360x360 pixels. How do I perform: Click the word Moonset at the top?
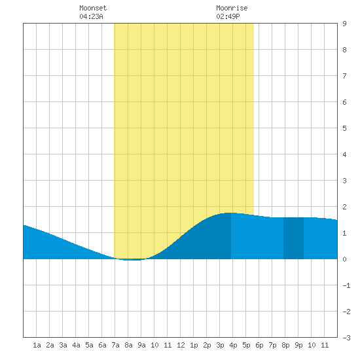[93, 8]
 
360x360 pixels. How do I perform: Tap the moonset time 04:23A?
[91, 16]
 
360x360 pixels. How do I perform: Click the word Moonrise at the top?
[232, 8]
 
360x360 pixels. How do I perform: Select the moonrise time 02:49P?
[228, 16]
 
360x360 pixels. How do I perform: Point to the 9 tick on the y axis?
[344, 24]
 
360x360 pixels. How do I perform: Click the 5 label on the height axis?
[344, 128]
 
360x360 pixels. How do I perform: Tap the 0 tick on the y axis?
[344, 259]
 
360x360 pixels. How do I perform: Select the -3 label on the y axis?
[346, 338]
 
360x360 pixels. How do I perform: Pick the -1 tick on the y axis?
[346, 285]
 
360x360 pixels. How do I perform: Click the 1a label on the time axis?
[37, 345]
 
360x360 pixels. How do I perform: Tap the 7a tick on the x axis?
[115, 345]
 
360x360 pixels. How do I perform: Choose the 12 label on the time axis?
[181, 345]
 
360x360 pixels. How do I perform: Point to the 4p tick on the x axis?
[233, 345]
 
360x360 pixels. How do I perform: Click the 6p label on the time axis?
[259, 345]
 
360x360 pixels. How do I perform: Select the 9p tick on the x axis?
[298, 345]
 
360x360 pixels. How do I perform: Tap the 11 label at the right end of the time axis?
[325, 345]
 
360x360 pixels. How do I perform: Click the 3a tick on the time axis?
[63, 345]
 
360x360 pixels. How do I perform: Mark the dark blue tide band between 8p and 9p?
[293, 238]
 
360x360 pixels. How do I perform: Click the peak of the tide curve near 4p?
[231, 213]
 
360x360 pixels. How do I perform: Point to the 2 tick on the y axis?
[344, 207]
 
